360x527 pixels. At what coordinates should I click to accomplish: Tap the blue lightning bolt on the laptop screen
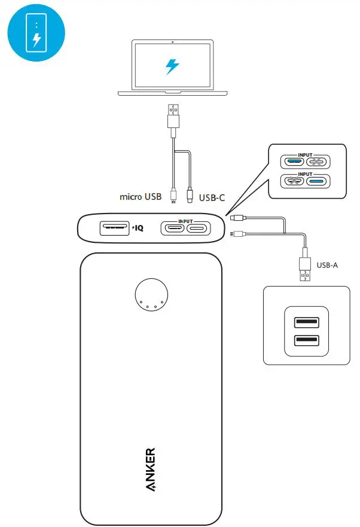[172, 66]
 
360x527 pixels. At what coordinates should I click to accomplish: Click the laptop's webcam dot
[172, 42]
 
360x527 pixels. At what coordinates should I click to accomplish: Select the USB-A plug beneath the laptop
[172, 117]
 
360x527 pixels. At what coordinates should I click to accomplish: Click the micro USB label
[141, 196]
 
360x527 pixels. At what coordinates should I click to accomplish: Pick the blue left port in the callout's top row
[295, 162]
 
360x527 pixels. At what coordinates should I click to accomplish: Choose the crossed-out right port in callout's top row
[317, 162]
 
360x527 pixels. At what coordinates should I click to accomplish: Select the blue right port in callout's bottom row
[317, 181]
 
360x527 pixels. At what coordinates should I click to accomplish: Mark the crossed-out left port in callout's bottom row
[295, 181]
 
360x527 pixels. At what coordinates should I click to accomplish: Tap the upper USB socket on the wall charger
[306, 323]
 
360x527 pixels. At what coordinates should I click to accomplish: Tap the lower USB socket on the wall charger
[306, 342]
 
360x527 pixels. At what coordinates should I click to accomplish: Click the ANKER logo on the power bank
[150, 470]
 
